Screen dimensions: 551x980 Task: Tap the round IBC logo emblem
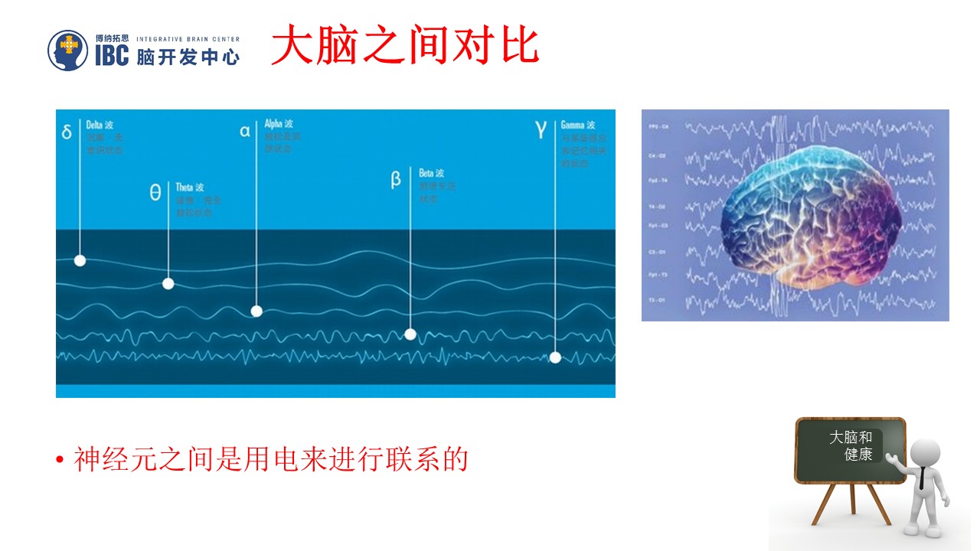(68, 50)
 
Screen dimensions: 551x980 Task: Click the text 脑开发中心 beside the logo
(188, 57)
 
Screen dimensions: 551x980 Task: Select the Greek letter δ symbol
(67, 132)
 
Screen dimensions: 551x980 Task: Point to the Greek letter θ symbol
(155, 193)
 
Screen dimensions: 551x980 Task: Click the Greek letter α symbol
(245, 131)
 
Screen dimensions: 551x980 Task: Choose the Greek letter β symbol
(396, 180)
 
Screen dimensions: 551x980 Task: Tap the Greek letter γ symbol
(541, 129)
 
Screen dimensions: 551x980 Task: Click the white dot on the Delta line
(80, 260)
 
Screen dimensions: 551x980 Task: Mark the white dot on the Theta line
(168, 284)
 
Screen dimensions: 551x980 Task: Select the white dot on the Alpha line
(256, 311)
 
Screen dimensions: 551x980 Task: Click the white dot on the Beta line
(410, 334)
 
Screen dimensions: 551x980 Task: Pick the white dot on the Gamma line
(555, 357)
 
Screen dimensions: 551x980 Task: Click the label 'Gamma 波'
(578, 125)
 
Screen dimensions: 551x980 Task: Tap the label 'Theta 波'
(190, 187)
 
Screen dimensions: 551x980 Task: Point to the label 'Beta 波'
(431, 174)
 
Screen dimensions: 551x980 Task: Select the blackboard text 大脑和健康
(851, 445)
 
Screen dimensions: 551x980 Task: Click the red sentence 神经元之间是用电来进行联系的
(270, 460)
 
